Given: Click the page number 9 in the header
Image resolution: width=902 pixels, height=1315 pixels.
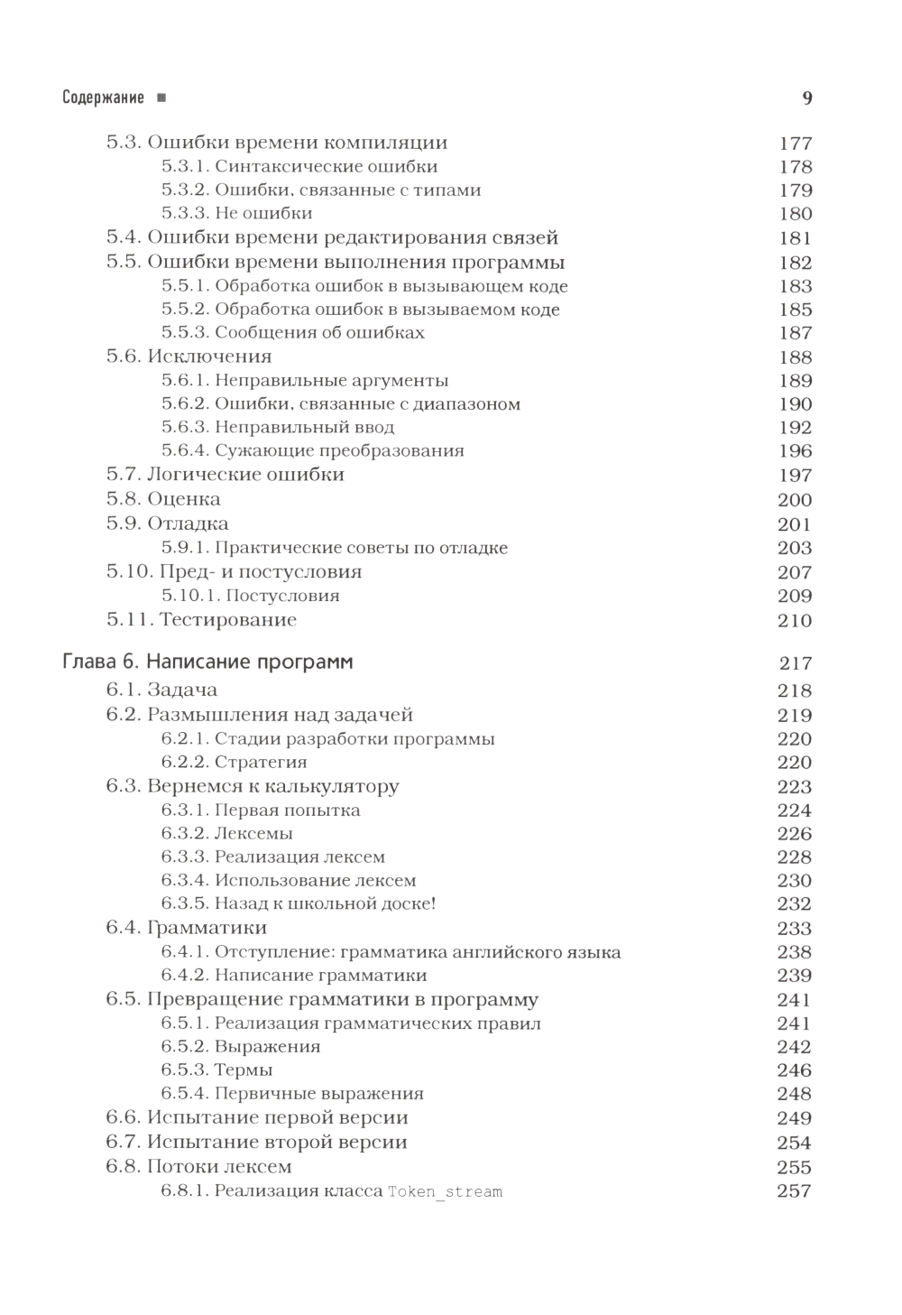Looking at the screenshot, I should (807, 97).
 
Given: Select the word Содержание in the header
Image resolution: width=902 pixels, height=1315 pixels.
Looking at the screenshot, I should (103, 97).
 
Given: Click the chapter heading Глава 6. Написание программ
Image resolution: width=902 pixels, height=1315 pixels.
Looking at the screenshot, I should (207, 662).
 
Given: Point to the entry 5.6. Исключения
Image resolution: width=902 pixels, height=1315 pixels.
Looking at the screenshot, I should (189, 357).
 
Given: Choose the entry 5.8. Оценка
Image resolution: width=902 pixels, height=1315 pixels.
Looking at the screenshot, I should (163, 499).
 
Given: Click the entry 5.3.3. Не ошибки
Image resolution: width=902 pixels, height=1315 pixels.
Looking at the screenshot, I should (237, 214).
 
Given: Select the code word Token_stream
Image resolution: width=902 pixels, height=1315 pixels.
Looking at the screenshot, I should (445, 1191).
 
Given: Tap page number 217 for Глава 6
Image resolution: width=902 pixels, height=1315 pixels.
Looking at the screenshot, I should (796, 663).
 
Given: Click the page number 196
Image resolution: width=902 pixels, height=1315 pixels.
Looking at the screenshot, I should (795, 451).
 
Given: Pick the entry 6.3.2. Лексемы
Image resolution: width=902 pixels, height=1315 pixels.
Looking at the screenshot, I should (227, 834).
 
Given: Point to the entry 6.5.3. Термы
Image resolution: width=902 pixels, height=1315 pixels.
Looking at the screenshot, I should (217, 1070).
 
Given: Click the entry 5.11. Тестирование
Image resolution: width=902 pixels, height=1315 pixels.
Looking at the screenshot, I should (201, 620).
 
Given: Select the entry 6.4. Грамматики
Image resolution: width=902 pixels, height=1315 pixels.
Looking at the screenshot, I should (186, 928).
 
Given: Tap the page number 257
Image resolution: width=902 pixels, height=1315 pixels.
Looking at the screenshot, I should (795, 1191).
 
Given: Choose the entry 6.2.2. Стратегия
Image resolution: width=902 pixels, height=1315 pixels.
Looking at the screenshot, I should (235, 763).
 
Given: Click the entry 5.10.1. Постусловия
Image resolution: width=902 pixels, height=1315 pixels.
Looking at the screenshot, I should (251, 596).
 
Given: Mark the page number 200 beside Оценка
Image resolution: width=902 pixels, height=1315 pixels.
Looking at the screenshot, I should (795, 500).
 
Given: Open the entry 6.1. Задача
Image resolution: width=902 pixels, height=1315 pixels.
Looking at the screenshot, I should (161, 690).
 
